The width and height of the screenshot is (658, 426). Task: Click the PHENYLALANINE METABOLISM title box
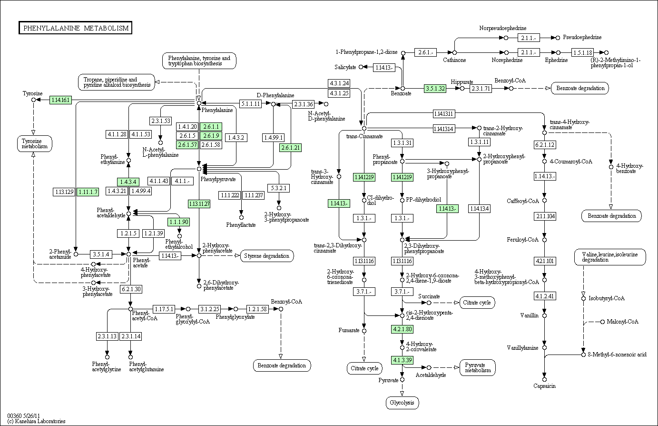(76, 28)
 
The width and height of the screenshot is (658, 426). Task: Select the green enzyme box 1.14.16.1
(60, 100)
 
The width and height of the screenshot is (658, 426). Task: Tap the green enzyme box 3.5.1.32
(435, 88)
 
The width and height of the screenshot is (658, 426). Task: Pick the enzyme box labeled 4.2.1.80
(402, 329)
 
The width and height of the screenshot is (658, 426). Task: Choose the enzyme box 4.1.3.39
(402, 360)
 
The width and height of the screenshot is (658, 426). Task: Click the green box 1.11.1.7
(88, 192)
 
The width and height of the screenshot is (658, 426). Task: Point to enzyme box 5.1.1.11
(250, 104)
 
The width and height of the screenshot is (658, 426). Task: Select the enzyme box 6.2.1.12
(545, 145)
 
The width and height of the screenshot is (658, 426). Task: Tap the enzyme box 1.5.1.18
(582, 52)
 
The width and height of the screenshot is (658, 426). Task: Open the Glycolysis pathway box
(402, 403)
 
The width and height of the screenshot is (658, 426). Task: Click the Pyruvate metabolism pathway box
(478, 367)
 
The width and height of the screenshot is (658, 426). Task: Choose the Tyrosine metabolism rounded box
(34, 143)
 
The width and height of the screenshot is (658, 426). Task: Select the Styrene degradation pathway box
(267, 256)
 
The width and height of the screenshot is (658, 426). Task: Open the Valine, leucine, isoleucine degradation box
(609, 257)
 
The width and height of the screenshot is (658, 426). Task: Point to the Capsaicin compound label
(544, 386)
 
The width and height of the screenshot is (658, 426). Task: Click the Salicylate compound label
(345, 67)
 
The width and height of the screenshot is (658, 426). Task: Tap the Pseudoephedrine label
(582, 37)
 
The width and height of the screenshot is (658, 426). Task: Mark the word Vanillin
(530, 315)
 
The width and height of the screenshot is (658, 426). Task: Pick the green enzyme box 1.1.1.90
(178, 222)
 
